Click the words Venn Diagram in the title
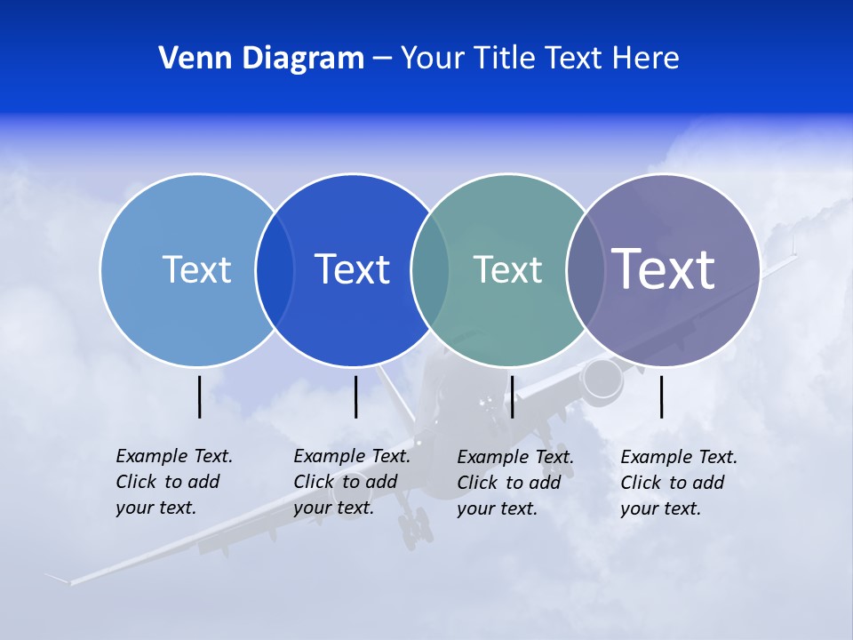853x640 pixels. (261, 58)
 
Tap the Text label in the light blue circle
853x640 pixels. (196, 269)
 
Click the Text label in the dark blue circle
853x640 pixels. (352, 269)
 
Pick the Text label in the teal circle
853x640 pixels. (507, 269)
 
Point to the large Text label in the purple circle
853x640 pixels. (664, 268)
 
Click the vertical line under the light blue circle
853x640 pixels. (200, 396)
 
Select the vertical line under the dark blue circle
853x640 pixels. (355, 396)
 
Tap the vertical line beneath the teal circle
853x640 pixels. (512, 396)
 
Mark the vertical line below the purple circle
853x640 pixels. (661, 396)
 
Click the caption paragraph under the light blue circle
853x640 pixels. (173, 482)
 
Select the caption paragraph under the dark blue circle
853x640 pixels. (351, 482)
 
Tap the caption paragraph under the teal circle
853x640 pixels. (514, 483)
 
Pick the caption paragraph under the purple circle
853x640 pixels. (678, 483)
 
